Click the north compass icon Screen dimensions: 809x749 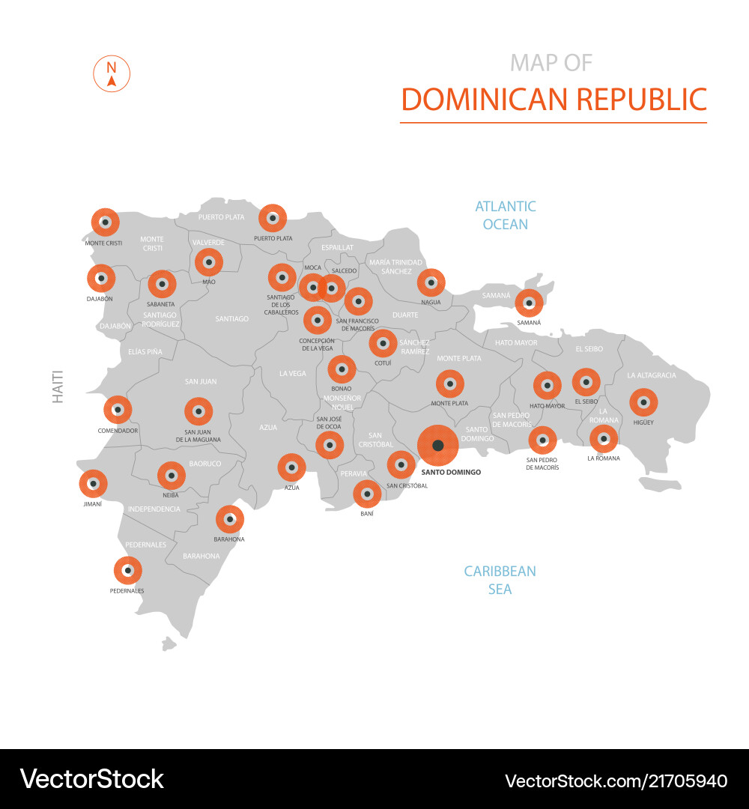[112, 73]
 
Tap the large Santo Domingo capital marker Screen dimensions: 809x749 [438, 446]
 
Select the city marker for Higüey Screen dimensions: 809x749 [643, 402]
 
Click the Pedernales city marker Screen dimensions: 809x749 [127, 571]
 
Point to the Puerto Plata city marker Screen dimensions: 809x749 [273, 219]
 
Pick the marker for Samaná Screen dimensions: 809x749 [529, 303]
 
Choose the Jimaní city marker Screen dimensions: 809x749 [93, 484]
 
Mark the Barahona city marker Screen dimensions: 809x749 [229, 519]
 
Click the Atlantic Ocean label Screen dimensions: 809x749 [506, 215]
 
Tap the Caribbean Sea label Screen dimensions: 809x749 [500, 580]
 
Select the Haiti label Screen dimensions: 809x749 [58, 387]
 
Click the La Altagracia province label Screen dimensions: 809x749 [652, 375]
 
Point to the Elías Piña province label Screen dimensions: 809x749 [145, 351]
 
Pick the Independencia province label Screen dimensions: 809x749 [154, 509]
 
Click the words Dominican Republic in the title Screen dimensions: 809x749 [554, 99]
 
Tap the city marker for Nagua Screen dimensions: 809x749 [431, 283]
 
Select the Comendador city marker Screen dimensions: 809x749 [118, 410]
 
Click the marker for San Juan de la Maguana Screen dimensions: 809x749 [198, 411]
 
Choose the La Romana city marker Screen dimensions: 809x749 [604, 439]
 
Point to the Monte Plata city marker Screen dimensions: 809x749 [449, 384]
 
